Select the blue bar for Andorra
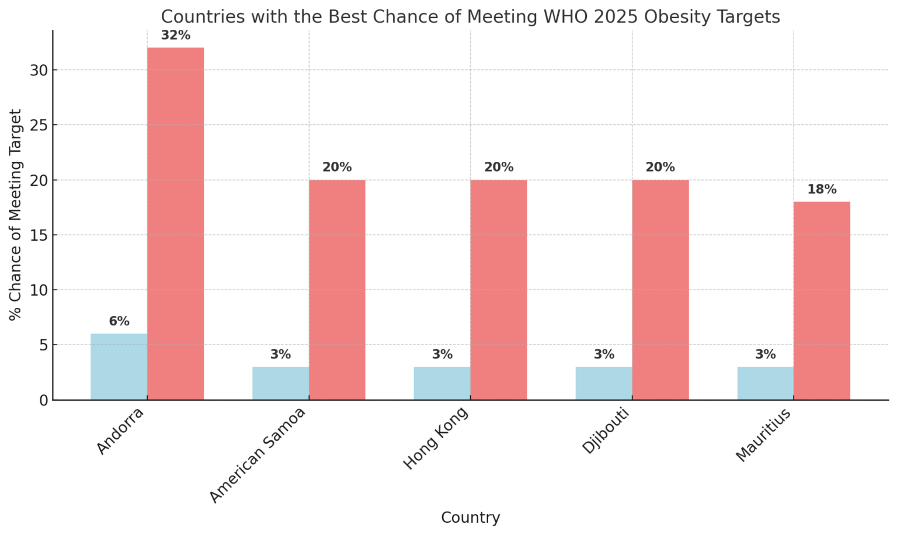(x=119, y=367)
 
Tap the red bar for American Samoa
(x=337, y=290)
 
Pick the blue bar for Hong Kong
(x=442, y=383)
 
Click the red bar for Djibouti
(x=660, y=290)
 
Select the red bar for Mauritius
(x=822, y=301)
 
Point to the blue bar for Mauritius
(x=765, y=383)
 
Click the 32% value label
(x=176, y=36)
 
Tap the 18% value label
(x=822, y=190)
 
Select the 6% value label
(x=119, y=322)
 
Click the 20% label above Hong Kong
(x=499, y=168)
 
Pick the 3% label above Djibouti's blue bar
(x=604, y=355)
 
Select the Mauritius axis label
(x=763, y=435)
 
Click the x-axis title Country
(x=470, y=517)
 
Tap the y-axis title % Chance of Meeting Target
(x=16, y=214)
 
